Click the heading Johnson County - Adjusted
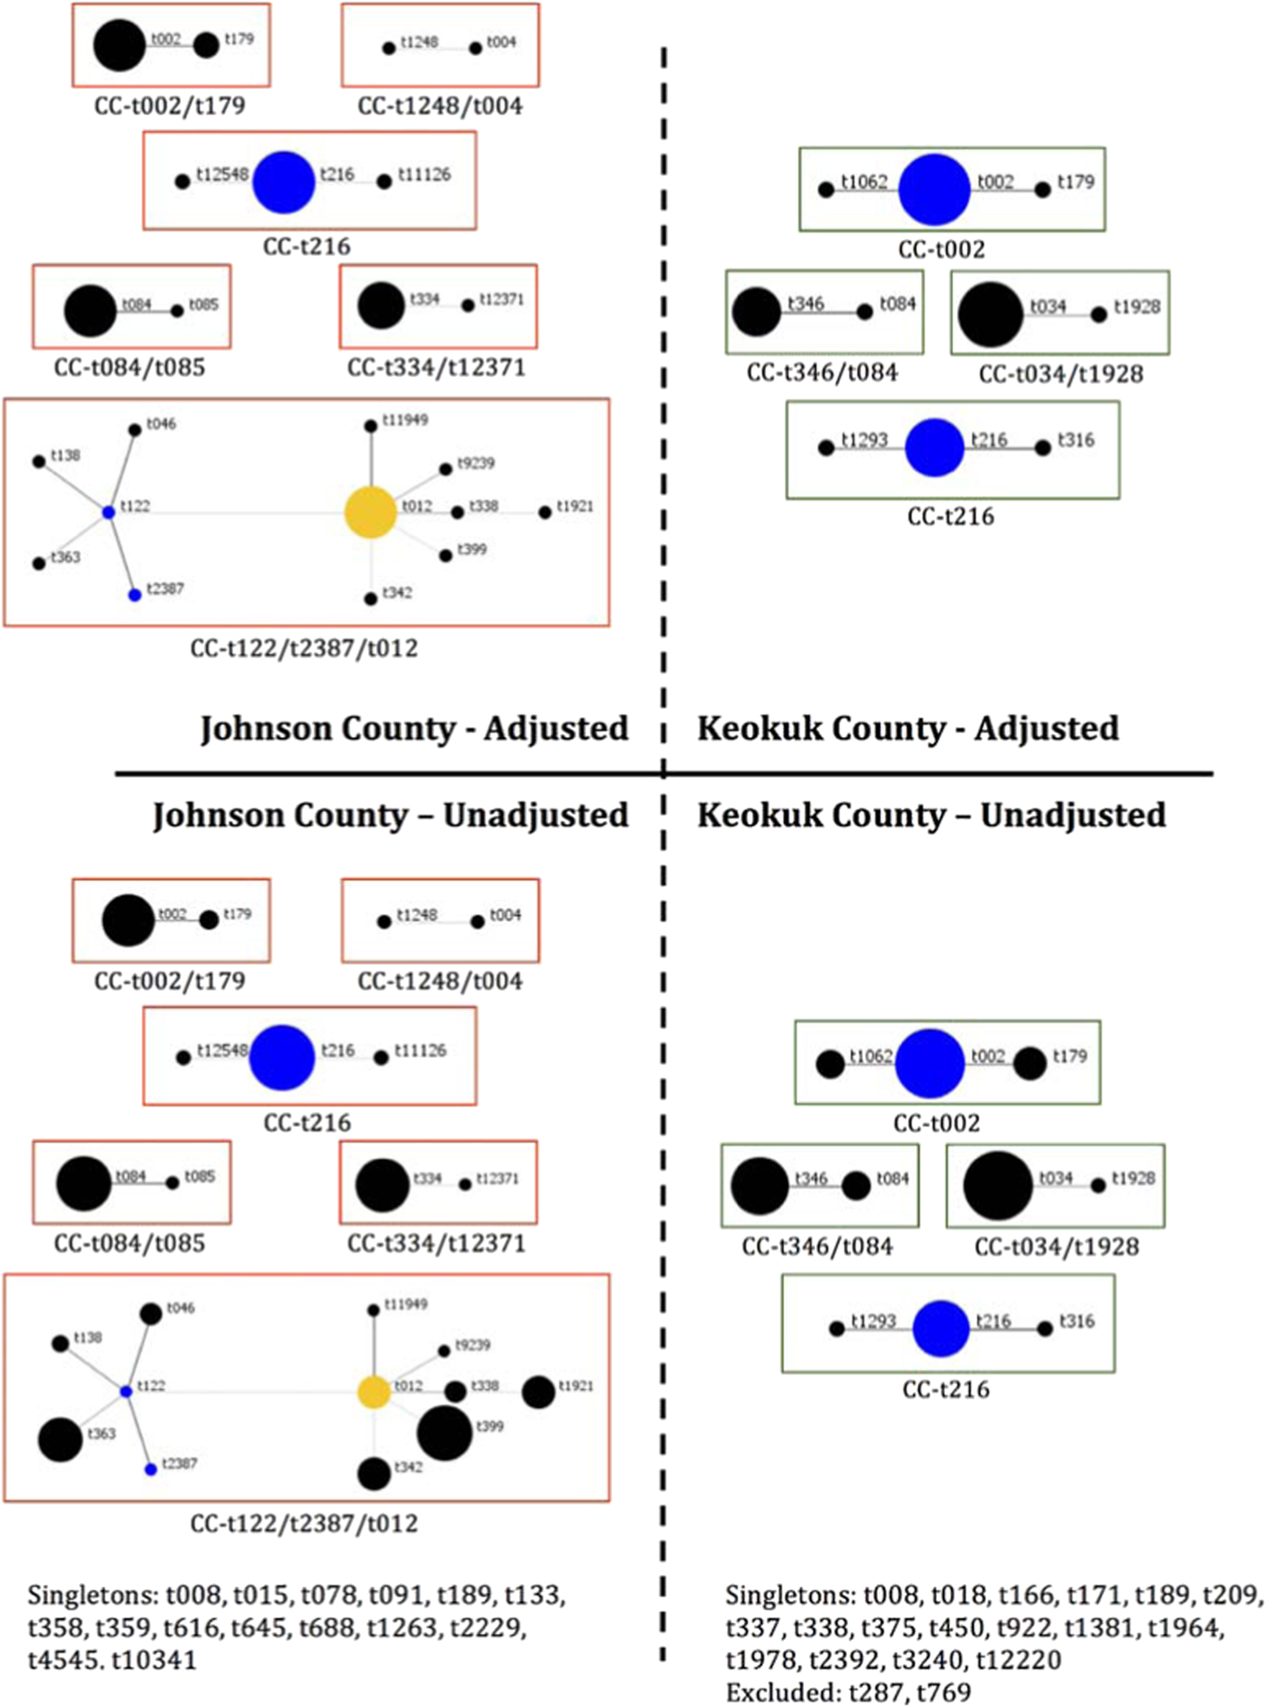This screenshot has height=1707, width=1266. click(414, 729)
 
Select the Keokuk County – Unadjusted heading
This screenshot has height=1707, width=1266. click(931, 816)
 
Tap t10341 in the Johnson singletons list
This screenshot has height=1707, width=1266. click(154, 1660)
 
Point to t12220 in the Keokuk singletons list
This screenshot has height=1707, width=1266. click(1020, 1660)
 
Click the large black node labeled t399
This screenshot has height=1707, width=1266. click(444, 1433)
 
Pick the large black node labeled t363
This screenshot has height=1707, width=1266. click(61, 1439)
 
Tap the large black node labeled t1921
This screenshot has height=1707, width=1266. click(538, 1392)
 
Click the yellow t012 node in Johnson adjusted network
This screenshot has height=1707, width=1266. click(371, 513)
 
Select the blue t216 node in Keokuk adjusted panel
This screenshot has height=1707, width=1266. click(934, 448)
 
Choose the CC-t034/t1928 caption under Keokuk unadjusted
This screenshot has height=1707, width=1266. click(1056, 1247)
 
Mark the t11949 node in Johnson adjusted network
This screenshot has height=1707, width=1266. click(371, 426)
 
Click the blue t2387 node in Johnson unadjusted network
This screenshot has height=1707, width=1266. click(151, 1470)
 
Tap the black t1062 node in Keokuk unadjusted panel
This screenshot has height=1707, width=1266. click(829, 1064)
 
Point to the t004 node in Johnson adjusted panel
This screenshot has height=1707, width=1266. click(476, 48)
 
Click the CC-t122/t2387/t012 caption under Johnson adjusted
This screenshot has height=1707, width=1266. click(304, 648)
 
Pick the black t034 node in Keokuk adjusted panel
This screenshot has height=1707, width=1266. click(990, 315)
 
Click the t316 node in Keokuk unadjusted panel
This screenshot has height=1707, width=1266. click(1044, 1329)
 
